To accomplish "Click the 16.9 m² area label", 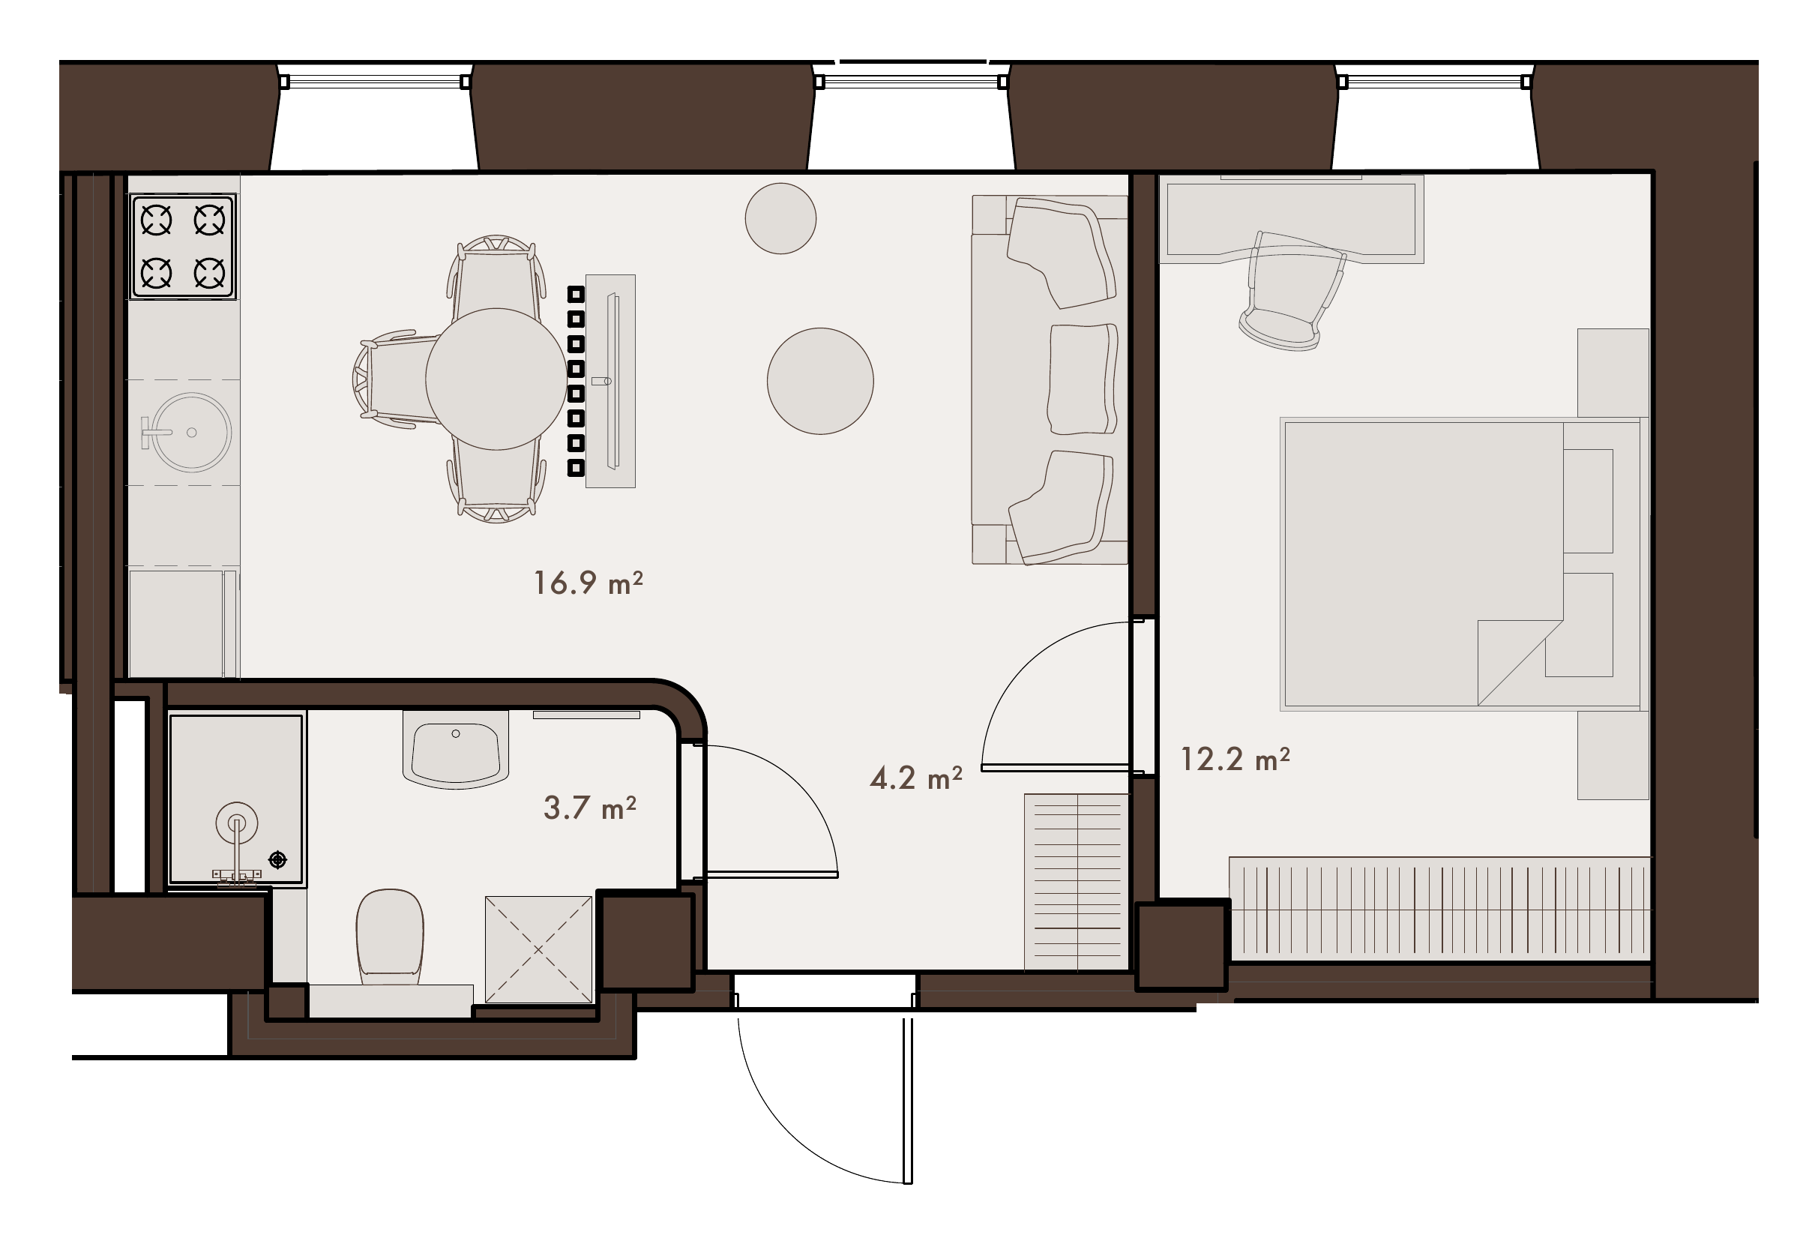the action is [x=589, y=583].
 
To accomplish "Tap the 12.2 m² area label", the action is [x=1235, y=759].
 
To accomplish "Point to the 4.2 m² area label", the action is [x=916, y=778].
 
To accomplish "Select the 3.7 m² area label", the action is [x=590, y=808].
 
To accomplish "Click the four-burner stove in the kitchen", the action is [x=183, y=247].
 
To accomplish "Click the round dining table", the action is [x=496, y=379].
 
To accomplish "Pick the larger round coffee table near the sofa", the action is [x=820, y=381].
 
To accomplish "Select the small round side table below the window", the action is [x=780, y=218].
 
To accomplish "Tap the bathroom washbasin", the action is [x=456, y=750].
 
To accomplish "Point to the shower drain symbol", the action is [x=277, y=860].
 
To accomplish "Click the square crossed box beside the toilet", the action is [x=538, y=950].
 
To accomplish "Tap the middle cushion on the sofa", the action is [x=1082, y=379].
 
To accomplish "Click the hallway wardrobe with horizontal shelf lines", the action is [x=1077, y=882].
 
